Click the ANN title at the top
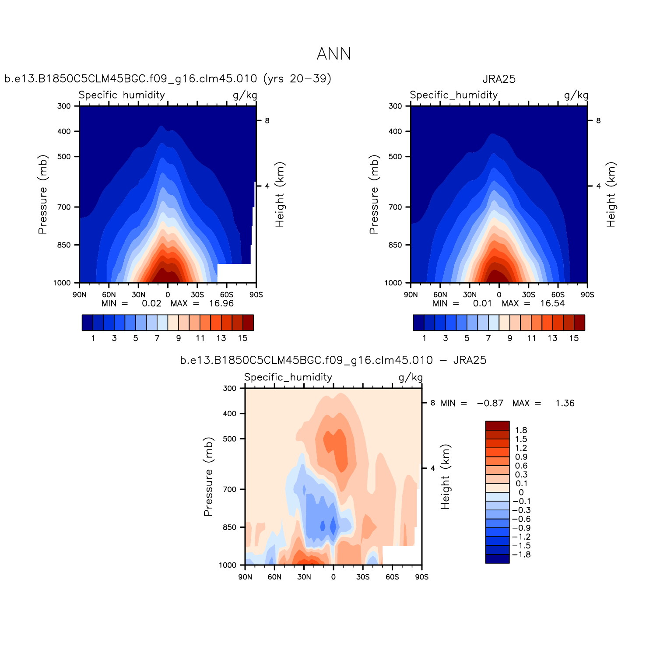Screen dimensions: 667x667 [x=333, y=54]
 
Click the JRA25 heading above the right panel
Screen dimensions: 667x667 [x=499, y=79]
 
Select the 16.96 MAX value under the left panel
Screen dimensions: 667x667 [x=221, y=303]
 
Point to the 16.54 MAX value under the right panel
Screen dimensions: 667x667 [x=552, y=303]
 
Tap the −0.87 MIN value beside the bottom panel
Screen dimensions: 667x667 [x=490, y=403]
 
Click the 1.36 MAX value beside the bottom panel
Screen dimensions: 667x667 [x=565, y=403]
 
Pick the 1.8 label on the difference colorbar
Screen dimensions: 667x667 [x=521, y=430]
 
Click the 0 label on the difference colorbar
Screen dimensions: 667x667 [x=521, y=492]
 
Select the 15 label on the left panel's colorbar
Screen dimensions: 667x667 [x=242, y=338]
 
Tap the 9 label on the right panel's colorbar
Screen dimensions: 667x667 [x=510, y=338]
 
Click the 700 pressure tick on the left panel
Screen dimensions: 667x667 [x=64, y=207]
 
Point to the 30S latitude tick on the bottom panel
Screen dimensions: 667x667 [x=363, y=577]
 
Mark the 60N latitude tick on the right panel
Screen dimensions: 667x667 [x=440, y=295]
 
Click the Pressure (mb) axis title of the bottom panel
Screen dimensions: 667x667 [x=208, y=477]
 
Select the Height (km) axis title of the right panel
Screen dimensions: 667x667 [x=611, y=194]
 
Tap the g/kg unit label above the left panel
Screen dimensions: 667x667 [x=245, y=95]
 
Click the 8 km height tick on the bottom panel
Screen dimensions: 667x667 [x=432, y=403]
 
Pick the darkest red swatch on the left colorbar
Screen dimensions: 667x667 [x=248, y=323]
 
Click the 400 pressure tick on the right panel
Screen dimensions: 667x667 [x=395, y=131]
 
